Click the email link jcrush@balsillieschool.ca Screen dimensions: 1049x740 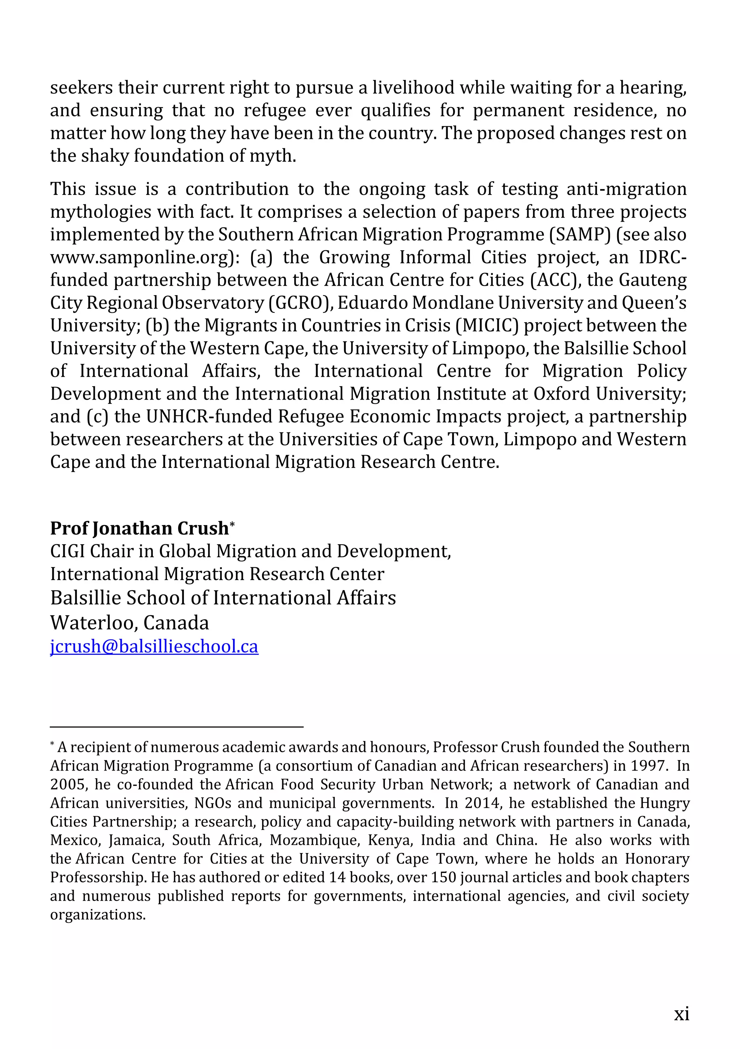click(154, 647)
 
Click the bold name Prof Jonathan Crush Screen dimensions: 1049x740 click(139, 528)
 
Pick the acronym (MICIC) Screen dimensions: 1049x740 click(487, 326)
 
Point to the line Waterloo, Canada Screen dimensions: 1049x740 click(130, 623)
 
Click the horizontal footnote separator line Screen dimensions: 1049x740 click(177, 726)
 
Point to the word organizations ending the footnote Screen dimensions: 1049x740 click(97, 915)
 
